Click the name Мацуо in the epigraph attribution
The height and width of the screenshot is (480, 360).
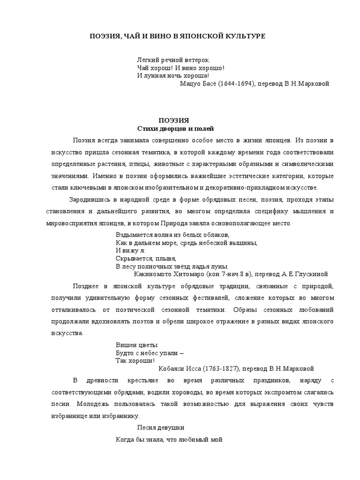191,84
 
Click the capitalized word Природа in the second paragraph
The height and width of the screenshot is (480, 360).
175,224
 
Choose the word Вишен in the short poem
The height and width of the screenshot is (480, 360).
125,345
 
